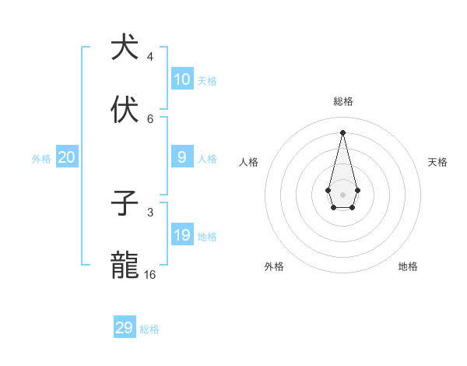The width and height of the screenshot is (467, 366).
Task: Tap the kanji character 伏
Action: [125, 110]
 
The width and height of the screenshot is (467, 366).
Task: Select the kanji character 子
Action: [125, 203]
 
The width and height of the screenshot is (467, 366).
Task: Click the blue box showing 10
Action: [182, 79]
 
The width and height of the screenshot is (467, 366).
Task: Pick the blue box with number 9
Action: [182, 157]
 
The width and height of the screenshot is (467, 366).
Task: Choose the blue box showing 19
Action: [182, 235]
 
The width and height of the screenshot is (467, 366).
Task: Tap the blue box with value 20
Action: [66, 157]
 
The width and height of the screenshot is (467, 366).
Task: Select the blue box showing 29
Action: [125, 328]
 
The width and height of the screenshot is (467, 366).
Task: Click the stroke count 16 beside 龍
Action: [150, 275]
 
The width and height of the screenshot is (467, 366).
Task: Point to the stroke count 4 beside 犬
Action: [150, 57]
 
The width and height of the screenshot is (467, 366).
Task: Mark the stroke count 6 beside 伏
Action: [150, 119]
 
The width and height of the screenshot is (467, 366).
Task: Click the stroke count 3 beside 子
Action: [150, 212]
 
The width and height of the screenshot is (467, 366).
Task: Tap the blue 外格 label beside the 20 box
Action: [41, 159]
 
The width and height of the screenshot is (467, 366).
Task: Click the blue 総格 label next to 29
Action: [149, 329]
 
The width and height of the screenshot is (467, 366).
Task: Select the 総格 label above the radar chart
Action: [343, 101]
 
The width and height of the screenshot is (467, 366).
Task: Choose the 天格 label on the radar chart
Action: [437, 162]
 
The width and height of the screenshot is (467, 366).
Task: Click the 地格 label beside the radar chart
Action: [408, 266]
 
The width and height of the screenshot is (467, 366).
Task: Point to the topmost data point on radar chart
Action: [342, 132]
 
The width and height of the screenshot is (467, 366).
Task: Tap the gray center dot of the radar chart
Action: [342, 194]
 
